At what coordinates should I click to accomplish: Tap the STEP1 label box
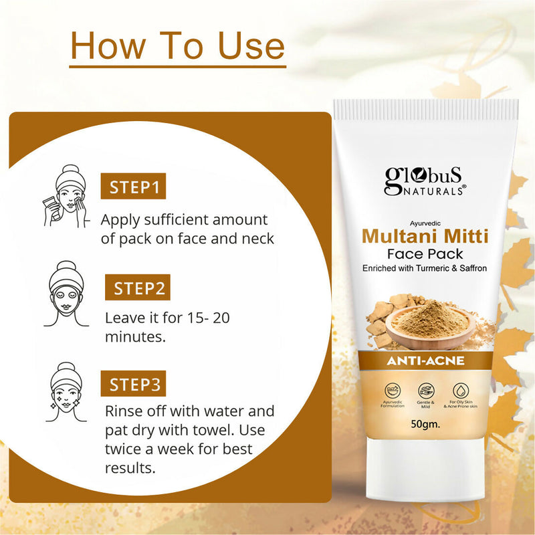point(132,187)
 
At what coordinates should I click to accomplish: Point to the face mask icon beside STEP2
point(68,293)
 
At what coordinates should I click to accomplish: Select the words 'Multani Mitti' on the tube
point(425,236)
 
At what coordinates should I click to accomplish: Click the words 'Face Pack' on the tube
point(425,254)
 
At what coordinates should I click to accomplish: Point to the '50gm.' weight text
point(425,423)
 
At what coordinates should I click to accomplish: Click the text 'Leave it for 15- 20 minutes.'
point(167,327)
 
